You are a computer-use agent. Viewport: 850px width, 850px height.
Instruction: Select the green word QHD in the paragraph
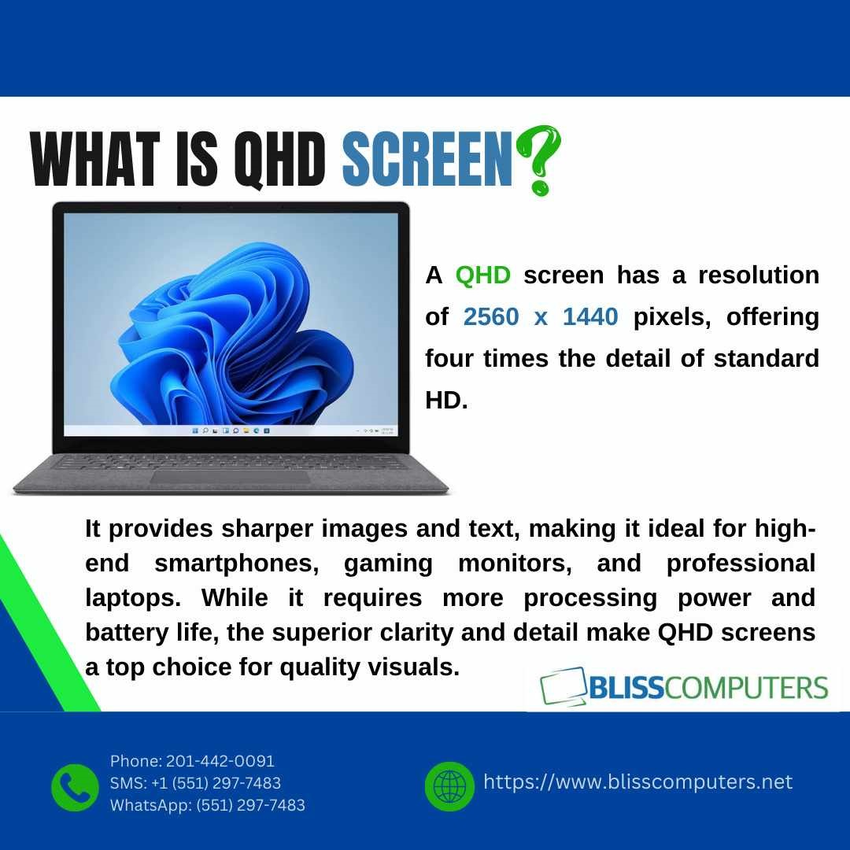click(482, 275)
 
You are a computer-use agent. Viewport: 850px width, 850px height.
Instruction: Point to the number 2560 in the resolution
click(491, 316)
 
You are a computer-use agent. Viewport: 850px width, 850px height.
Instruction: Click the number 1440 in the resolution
click(590, 316)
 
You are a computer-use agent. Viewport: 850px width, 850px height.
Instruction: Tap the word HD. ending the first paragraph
click(446, 401)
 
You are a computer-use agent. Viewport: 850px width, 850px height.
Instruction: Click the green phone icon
click(75, 787)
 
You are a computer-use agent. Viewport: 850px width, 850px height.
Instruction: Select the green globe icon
click(449, 786)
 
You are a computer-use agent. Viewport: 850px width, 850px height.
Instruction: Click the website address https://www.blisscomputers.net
click(637, 782)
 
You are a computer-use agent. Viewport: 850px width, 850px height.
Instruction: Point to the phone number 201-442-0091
click(220, 761)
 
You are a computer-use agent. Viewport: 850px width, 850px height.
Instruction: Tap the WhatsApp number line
click(208, 805)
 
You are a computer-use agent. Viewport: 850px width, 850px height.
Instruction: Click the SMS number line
click(195, 783)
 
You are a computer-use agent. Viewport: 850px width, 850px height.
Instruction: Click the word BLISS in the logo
click(626, 688)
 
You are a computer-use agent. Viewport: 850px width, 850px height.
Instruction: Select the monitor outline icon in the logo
click(564, 686)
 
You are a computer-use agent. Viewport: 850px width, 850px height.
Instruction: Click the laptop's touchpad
click(230, 477)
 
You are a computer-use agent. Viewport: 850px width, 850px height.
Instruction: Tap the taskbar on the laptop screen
click(231, 431)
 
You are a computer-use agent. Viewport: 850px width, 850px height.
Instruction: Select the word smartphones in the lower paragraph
click(237, 564)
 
